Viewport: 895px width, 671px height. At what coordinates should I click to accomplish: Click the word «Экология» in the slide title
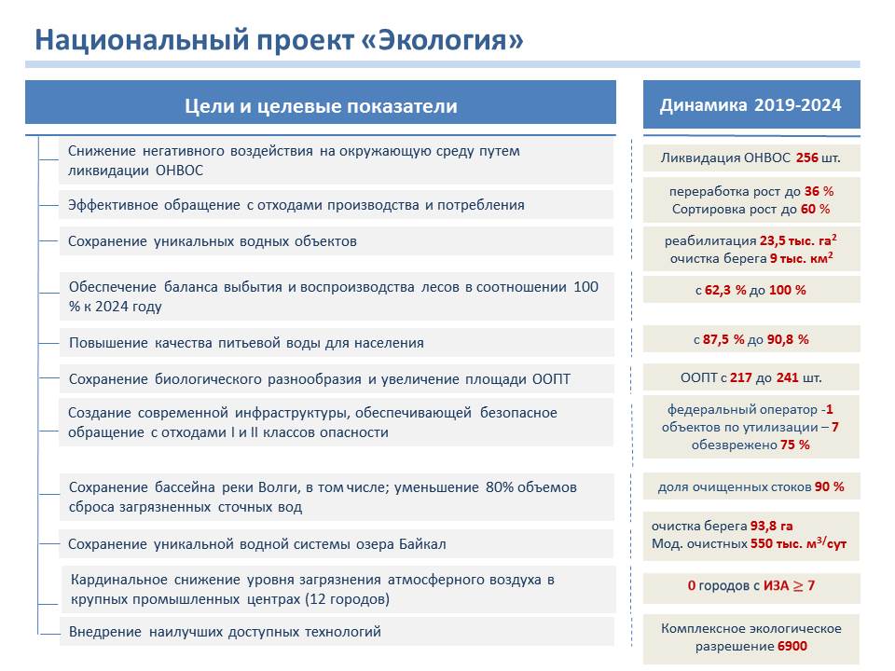(x=443, y=40)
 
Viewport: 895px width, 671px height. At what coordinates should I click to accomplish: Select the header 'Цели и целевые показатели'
(x=321, y=106)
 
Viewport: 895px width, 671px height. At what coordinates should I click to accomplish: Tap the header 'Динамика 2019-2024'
(x=750, y=105)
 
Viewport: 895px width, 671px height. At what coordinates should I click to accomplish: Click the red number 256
(x=807, y=157)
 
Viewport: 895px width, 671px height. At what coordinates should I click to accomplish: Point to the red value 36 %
(x=819, y=191)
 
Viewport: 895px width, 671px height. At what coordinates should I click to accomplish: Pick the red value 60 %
(x=815, y=209)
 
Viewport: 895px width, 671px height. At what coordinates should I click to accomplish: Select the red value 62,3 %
(x=725, y=290)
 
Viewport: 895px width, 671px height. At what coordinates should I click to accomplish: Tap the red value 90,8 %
(x=788, y=339)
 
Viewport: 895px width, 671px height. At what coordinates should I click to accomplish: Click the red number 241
(x=787, y=377)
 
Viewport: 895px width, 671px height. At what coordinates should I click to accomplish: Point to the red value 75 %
(x=795, y=445)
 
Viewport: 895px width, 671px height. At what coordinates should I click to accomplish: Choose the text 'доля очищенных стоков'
(x=735, y=487)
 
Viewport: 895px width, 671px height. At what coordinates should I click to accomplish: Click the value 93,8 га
(x=771, y=526)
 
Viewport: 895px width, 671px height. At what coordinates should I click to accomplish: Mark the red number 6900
(x=792, y=647)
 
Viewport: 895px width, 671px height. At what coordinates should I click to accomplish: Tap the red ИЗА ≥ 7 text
(x=789, y=585)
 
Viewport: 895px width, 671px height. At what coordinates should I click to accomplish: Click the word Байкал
(x=422, y=544)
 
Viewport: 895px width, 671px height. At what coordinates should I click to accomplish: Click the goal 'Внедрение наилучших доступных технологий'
(x=225, y=632)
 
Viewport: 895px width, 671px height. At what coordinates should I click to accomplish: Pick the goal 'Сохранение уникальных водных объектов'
(x=213, y=241)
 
